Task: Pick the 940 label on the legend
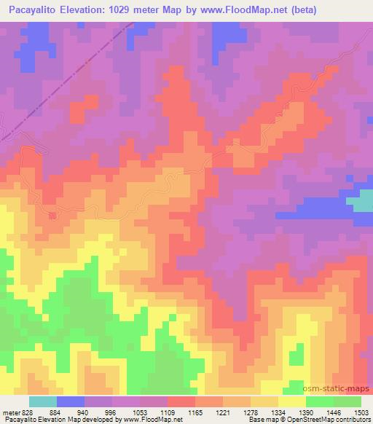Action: coord(93,412)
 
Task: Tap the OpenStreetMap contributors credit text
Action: coord(334,420)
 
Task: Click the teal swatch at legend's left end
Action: coord(43,401)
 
